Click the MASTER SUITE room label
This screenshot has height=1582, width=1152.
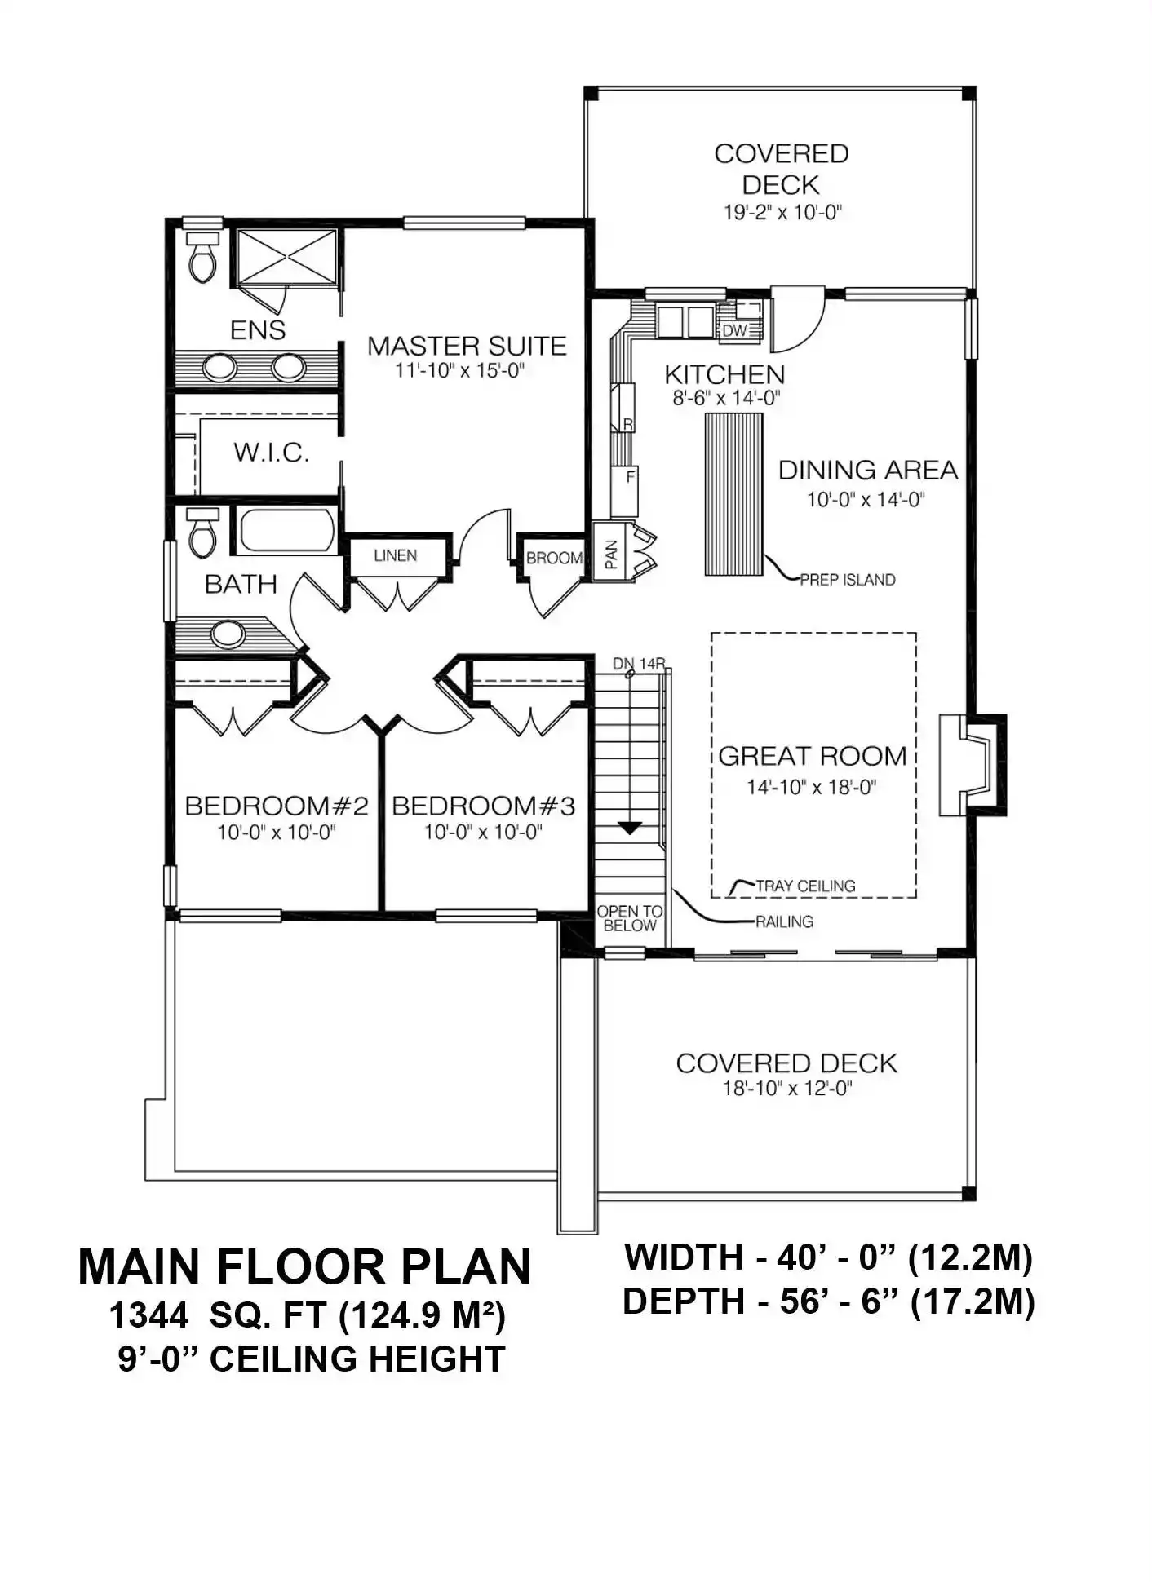pos(467,346)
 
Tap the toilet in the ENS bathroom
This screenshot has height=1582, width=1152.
pos(202,257)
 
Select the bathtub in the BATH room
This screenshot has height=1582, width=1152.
pos(286,530)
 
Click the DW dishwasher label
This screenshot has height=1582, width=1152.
pos(735,330)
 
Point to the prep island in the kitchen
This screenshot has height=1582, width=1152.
pos(733,494)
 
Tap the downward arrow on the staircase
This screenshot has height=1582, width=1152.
pos(629,829)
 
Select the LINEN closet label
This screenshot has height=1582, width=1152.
pos(396,555)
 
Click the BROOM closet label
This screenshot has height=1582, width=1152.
pos(554,559)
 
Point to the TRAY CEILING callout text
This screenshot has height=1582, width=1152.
pos(805,886)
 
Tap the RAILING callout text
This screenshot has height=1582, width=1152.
pos(784,921)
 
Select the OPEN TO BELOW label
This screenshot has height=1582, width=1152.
pos(630,918)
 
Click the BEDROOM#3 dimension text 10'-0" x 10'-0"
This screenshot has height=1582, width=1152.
pos(483,833)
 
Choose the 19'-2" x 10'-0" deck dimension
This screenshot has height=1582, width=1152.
pos(782,213)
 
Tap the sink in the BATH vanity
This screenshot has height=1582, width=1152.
pos(228,634)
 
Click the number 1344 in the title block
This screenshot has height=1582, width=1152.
pos(148,1315)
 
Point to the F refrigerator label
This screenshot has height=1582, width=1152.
pos(630,477)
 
